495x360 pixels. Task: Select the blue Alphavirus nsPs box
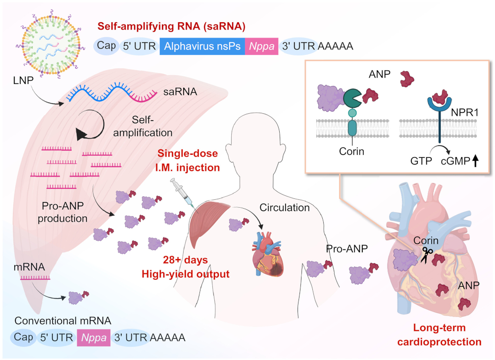[202, 46]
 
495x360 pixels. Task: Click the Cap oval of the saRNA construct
[106, 46]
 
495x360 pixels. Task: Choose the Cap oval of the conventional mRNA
[22, 338]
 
